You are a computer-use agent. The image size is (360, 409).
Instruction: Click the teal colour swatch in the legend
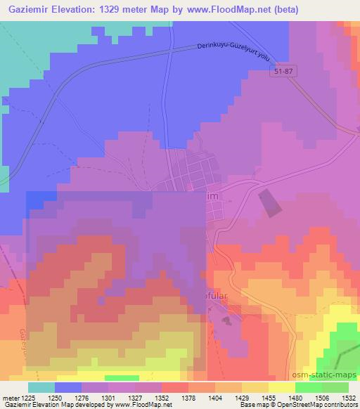coord(41,387)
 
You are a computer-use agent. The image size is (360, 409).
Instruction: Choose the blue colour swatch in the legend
coord(69,387)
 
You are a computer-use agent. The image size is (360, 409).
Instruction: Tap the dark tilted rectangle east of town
coord(269,202)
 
